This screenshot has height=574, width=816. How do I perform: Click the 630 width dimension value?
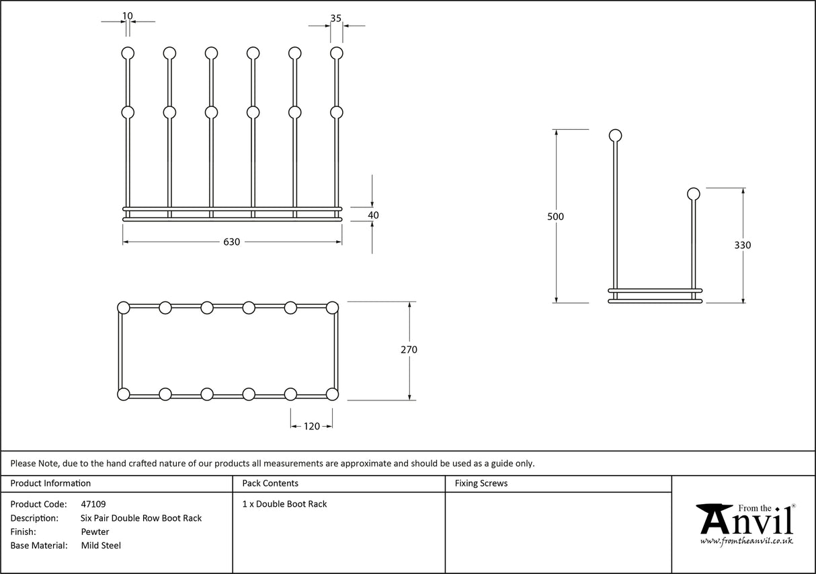pyautogui.click(x=231, y=242)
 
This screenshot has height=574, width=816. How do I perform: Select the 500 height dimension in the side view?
pyautogui.click(x=555, y=217)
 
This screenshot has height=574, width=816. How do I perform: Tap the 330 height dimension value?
pyautogui.click(x=742, y=246)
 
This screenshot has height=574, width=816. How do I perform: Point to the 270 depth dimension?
pyautogui.click(x=409, y=350)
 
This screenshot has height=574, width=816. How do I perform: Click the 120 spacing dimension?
pyautogui.click(x=311, y=426)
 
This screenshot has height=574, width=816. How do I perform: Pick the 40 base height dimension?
pyautogui.click(x=373, y=215)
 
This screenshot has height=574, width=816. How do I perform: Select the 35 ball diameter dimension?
pyautogui.click(x=335, y=18)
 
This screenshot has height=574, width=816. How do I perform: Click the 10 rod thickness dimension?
pyautogui.click(x=128, y=15)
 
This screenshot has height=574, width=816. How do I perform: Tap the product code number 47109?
pyautogui.click(x=93, y=504)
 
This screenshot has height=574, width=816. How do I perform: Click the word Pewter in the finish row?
pyautogui.click(x=95, y=532)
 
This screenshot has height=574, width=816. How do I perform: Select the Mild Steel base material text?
pyautogui.click(x=101, y=546)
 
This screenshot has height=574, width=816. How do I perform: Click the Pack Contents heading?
pyautogui.click(x=270, y=483)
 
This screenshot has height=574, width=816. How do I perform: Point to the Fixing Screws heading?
pyautogui.click(x=481, y=483)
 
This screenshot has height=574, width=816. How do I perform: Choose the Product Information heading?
pyautogui.click(x=50, y=483)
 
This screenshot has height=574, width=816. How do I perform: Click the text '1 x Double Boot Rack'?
pyautogui.click(x=284, y=504)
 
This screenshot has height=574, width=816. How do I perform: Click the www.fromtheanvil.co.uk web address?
pyautogui.click(x=746, y=541)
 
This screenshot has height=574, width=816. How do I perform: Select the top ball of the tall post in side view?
pyautogui.click(x=615, y=136)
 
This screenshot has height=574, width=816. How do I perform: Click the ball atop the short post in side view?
pyautogui.click(x=693, y=194)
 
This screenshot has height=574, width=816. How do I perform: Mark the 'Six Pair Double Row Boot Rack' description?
pyautogui.click(x=141, y=518)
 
